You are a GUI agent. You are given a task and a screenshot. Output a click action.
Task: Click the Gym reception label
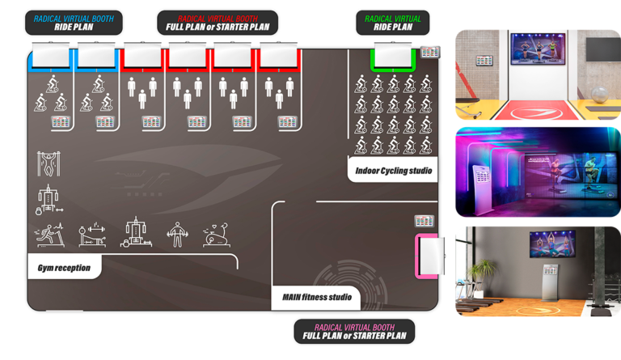coord(64,267)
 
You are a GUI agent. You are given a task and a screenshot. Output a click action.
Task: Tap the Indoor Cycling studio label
coord(394,171)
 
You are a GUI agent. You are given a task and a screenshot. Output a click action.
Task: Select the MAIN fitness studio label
coord(316,297)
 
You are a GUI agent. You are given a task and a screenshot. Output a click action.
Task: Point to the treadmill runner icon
coord(49,235)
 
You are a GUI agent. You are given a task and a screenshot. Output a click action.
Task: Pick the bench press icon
coord(91,235)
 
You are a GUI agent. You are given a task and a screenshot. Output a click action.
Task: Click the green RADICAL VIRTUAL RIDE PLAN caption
coord(392,22)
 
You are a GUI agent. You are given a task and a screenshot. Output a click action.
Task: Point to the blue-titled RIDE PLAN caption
coord(74,22)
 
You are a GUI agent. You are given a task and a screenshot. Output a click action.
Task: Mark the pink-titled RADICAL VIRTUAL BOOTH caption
coord(354,331)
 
